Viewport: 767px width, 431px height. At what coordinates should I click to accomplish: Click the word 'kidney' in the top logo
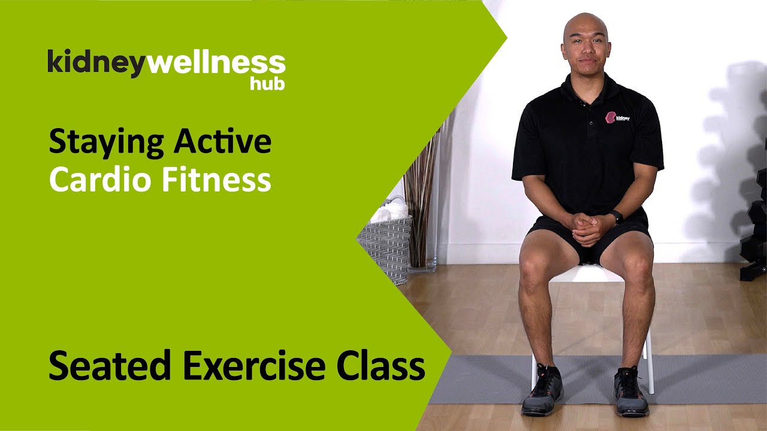[x=96, y=64]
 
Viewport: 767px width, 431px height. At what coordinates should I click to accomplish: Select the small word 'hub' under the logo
[x=267, y=84]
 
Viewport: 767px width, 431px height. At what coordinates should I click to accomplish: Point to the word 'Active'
[x=223, y=141]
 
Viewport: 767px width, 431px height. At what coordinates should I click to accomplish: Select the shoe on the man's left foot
[x=630, y=392]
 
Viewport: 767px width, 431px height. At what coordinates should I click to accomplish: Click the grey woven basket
[x=386, y=245]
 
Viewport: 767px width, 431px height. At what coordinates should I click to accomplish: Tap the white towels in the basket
[x=390, y=210]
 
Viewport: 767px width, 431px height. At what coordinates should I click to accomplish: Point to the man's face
[x=585, y=43]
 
